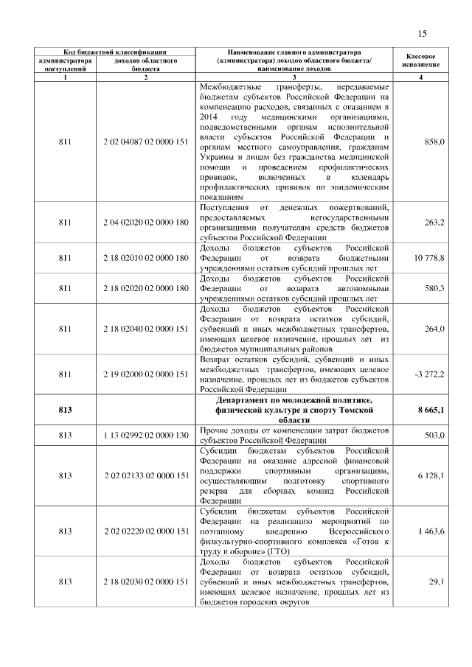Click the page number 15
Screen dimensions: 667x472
pyautogui.click(x=423, y=33)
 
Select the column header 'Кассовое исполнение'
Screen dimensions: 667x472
pyautogui.click(x=421, y=61)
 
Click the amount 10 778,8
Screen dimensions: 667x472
pyautogui.click(x=428, y=258)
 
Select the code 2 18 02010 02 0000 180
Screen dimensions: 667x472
pyautogui.click(x=146, y=258)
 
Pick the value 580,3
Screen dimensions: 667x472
pyautogui.click(x=435, y=288)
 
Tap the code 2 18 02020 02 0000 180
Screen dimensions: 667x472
pyautogui.click(x=146, y=288)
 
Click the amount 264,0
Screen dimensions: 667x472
pyautogui.click(x=435, y=329)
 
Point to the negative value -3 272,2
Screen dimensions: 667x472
pyautogui.click(x=429, y=374)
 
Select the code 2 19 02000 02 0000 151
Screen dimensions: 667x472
pyautogui.click(x=146, y=374)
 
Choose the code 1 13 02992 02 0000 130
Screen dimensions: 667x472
pyautogui.click(x=146, y=436)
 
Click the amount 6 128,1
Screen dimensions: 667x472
pyautogui.click(x=431, y=476)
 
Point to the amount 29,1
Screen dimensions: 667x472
pyautogui.click(x=437, y=582)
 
